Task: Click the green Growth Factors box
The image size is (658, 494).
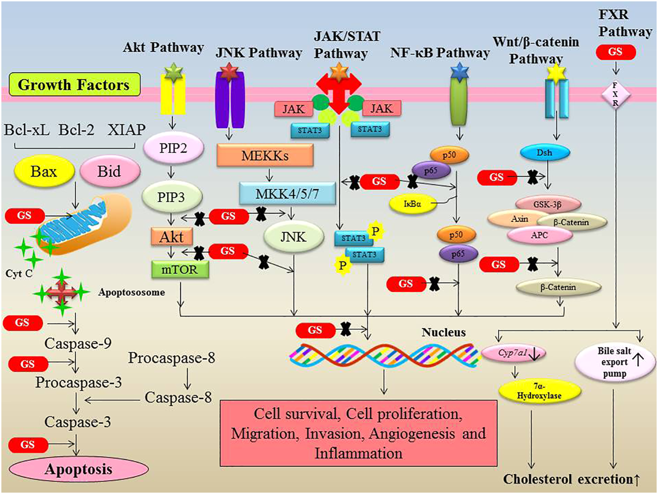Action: click(x=74, y=85)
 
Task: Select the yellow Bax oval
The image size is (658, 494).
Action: click(x=43, y=172)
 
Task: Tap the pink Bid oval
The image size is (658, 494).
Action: click(x=109, y=172)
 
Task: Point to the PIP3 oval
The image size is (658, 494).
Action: click(x=171, y=197)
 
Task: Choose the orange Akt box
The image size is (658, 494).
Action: click(x=171, y=236)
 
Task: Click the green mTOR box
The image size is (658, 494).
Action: click(x=180, y=269)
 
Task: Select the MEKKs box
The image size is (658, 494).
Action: click(x=265, y=155)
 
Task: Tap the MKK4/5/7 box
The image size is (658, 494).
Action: click(x=287, y=194)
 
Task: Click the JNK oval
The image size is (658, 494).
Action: click(x=293, y=236)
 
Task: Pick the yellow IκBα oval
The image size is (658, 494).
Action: click(x=413, y=204)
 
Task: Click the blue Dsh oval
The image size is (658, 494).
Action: click(x=544, y=153)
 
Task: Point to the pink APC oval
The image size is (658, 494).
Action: click(x=540, y=235)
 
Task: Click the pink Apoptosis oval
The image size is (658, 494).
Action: click(x=78, y=469)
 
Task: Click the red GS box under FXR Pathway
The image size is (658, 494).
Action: click(x=616, y=52)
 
